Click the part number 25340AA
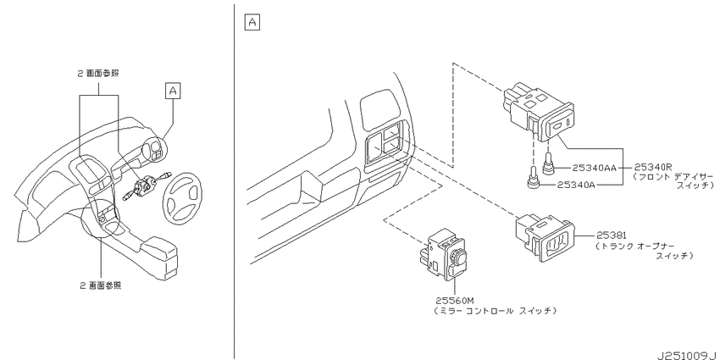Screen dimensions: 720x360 tap(594, 168)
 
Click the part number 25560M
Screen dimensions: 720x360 tap(454, 301)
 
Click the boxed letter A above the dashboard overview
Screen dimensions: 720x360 tap(173, 91)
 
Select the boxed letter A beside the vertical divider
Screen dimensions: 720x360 tap(252, 23)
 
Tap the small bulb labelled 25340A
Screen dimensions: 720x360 tap(533, 180)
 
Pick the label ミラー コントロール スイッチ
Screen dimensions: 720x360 tap(496, 311)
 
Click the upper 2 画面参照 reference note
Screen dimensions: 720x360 tap(98, 73)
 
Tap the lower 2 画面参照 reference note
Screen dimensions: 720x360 tap(101, 285)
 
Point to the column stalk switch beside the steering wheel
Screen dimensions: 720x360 tap(145, 186)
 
